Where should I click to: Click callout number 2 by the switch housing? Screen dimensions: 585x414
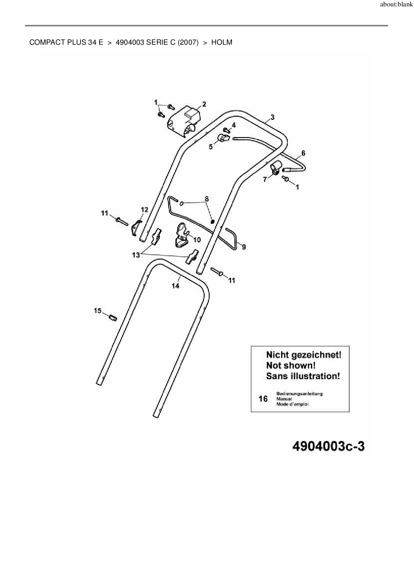click(204, 104)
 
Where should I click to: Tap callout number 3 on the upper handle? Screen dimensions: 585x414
click(272, 117)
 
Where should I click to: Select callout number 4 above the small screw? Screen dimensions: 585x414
click(234, 125)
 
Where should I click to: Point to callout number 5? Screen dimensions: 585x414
click(211, 147)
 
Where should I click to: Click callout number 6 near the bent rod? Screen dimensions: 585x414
click(303, 153)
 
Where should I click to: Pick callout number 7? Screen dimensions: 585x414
click(265, 180)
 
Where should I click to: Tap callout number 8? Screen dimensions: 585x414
click(207, 199)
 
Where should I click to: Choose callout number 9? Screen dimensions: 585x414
click(244, 247)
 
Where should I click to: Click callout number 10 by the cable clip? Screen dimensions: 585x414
click(197, 239)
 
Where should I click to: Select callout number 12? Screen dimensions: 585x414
click(144, 210)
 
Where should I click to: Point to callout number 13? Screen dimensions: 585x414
click(136, 255)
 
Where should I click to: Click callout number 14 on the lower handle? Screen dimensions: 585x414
click(176, 286)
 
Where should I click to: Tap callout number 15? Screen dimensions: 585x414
click(97, 311)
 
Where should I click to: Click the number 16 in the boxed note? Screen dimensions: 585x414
click(263, 399)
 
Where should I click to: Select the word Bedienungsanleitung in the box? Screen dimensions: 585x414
click(299, 394)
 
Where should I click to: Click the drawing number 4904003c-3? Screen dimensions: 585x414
click(328, 446)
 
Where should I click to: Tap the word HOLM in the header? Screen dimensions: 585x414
click(222, 42)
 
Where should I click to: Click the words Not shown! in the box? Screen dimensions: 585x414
click(290, 366)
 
